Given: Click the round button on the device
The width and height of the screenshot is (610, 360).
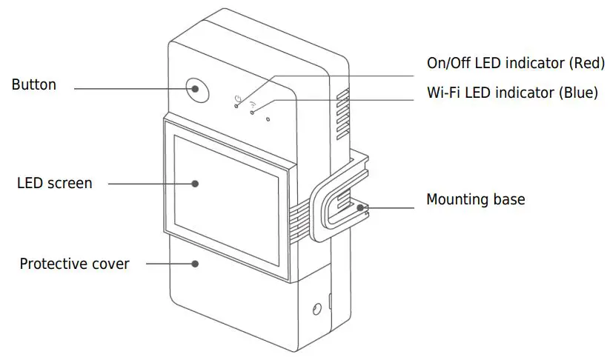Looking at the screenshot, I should [196, 90].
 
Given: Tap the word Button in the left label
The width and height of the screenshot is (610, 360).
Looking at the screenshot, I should [33, 84].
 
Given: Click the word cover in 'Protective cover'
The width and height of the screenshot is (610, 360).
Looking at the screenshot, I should [111, 264].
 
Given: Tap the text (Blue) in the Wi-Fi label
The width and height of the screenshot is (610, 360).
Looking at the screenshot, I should [578, 93].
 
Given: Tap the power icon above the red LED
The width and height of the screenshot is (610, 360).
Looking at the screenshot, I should [238, 98].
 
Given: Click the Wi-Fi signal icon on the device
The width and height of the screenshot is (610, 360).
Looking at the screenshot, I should [253, 104].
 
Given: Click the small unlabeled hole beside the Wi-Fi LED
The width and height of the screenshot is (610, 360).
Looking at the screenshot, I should [268, 118].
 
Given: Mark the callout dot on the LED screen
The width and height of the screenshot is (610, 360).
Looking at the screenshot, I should [196, 182].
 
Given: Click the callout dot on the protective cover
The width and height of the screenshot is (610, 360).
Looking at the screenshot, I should [195, 263].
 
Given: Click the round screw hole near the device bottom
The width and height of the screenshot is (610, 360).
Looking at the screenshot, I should [318, 308].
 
